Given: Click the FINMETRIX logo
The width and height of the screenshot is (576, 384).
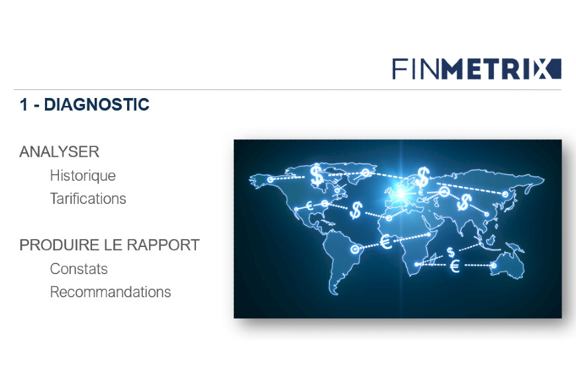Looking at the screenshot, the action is click(477, 69).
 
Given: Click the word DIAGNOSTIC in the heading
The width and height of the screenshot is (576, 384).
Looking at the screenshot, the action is click(97, 105).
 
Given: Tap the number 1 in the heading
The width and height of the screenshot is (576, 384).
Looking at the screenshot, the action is click(24, 105).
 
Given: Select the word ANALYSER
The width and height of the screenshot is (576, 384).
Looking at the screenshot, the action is click(59, 152).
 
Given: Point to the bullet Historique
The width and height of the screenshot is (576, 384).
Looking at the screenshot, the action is click(83, 175).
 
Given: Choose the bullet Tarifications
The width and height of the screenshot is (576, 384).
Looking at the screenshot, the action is click(88, 199).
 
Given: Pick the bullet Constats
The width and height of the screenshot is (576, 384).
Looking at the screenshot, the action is click(79, 269).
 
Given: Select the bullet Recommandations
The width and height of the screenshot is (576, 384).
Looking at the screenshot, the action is click(110, 292).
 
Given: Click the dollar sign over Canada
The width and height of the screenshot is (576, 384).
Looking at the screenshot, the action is click(316, 175).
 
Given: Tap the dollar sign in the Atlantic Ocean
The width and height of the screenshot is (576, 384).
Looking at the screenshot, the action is click(356, 210).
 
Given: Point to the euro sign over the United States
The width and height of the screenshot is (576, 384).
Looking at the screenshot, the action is click(309, 206).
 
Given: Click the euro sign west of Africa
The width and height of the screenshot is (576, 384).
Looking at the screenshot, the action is click(386, 242).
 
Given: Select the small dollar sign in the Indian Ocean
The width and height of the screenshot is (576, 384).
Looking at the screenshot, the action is click(451, 252).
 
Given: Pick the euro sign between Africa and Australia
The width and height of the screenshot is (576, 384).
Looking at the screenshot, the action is click(455, 265).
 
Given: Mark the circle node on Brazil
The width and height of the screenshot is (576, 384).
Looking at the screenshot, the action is click(354, 250).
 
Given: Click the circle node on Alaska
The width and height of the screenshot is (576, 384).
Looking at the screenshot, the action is click(270, 179).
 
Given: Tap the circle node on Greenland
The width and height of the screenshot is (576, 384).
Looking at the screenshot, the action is click(365, 172).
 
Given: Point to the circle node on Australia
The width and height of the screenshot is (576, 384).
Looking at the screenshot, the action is click(494, 265).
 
